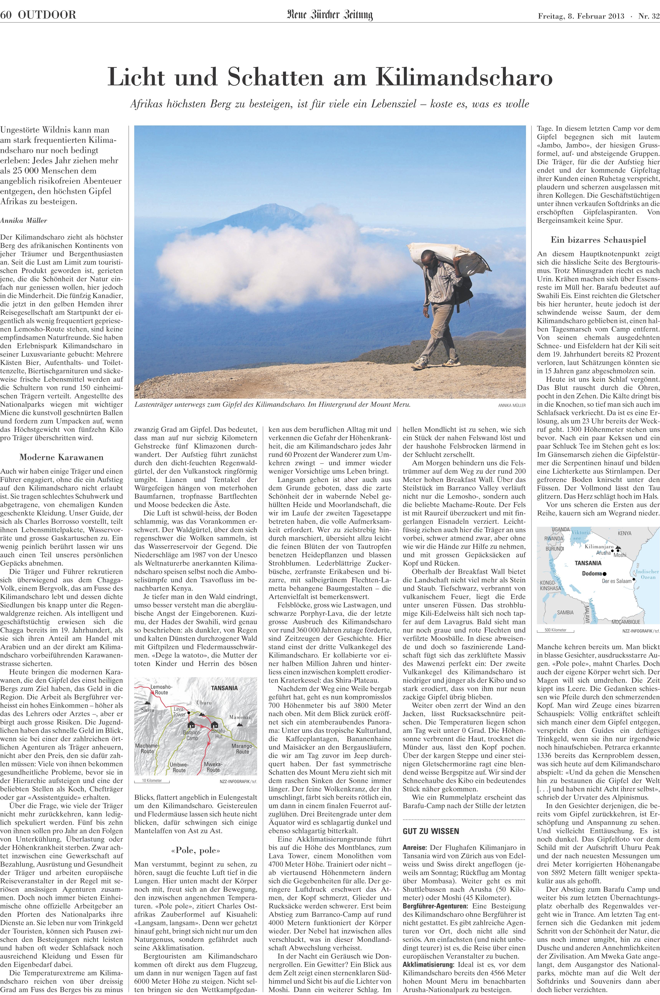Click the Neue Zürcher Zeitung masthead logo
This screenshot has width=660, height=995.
click(330, 16)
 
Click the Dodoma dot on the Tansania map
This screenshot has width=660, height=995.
click(604, 573)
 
